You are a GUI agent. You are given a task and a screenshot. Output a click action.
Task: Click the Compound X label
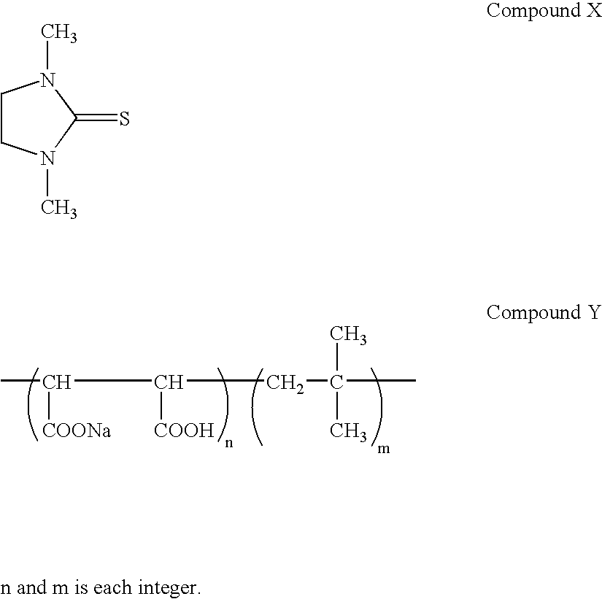pyautogui.click(x=544, y=12)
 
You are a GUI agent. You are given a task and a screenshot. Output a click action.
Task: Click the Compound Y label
pyautogui.click(x=544, y=313)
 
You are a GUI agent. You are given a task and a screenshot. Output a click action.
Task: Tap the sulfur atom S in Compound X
pyautogui.click(x=124, y=119)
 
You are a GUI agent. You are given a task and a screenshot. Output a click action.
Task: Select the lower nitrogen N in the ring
pyautogui.click(x=47, y=158)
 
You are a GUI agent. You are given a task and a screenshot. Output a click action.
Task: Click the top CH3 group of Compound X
pyautogui.click(x=58, y=34)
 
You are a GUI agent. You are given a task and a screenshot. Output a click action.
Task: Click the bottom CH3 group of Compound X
pyautogui.click(x=58, y=209)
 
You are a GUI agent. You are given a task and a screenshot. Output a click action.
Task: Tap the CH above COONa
pyautogui.click(x=56, y=382)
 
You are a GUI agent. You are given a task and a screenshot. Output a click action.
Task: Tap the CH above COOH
pyautogui.click(x=169, y=382)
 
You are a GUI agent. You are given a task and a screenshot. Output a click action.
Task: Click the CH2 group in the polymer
pyautogui.click(x=285, y=382)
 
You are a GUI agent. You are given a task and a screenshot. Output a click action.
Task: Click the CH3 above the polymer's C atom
pyautogui.click(x=348, y=336)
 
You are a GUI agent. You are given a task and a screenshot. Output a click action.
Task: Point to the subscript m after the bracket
pyautogui.click(x=382, y=449)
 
